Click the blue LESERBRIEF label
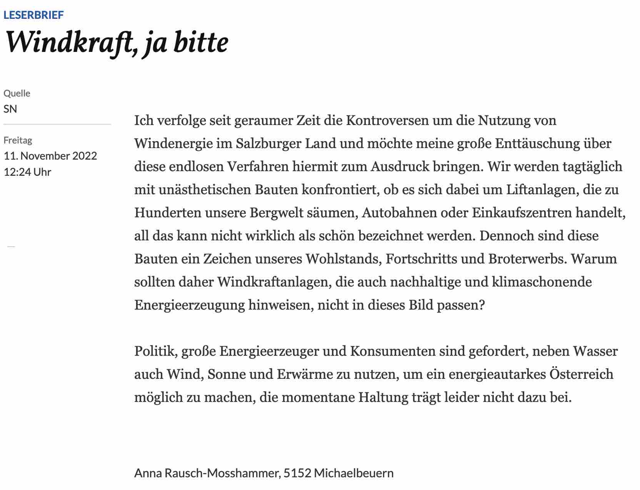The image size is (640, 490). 33,15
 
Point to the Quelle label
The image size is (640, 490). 17,93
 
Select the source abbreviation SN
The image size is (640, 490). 10,109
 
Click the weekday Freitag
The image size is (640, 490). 18,140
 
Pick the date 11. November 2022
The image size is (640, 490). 50,156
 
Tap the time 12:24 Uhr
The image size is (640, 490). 27,172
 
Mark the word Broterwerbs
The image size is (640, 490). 527,259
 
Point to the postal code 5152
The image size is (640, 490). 297,473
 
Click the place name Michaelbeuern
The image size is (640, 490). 354,473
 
